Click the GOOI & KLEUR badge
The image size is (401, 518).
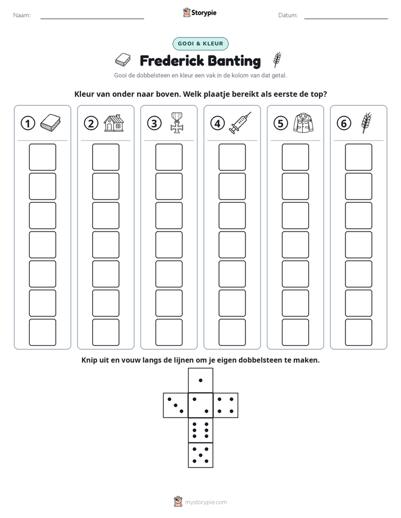tap(200, 44)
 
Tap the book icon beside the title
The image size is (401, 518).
tap(123, 60)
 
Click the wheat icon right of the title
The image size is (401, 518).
tap(277, 60)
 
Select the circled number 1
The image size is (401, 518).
tap(28, 123)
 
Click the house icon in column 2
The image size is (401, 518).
tap(114, 123)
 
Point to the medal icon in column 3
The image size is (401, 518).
tap(177, 123)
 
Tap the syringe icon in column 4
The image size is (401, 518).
tap(240, 123)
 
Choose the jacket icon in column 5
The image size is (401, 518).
tap(303, 123)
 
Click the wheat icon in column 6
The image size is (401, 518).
tap(367, 123)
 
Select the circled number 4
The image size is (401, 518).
tap(217, 123)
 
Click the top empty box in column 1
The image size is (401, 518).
tap(43, 157)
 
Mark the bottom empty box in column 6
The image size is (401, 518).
tap(359, 332)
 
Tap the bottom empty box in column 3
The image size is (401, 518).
tap(169, 332)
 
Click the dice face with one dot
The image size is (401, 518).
tap(200, 380)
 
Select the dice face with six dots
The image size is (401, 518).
tap(200, 430)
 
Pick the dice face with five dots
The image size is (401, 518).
tap(200, 455)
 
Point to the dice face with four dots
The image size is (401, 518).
tap(226, 405)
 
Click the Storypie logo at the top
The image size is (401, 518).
tap(199, 12)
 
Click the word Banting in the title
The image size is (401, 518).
tap(234, 61)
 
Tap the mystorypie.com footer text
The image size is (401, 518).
tap(206, 502)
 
